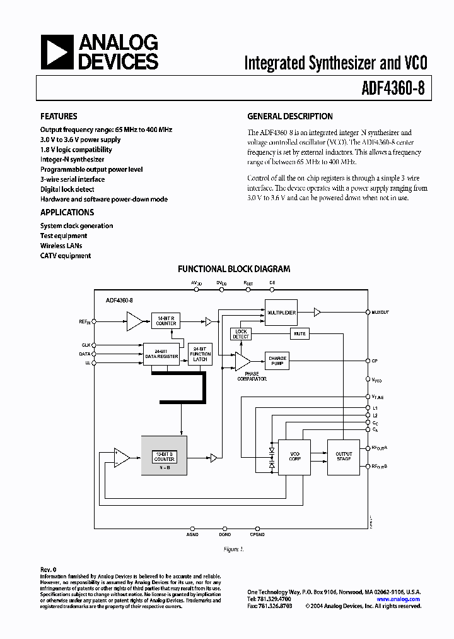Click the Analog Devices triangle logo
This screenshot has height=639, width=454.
[57, 52]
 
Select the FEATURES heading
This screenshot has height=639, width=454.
[59, 116]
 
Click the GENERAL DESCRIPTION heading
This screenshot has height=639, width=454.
[289, 116]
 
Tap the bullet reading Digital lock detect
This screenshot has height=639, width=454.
[67, 189]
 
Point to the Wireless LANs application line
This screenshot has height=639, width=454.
[61, 246]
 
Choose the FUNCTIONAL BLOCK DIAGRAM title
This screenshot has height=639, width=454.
[234, 268]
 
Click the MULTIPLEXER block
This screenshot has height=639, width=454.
[281, 313]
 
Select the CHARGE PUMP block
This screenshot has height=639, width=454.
[277, 361]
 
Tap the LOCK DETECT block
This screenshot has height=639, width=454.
[241, 334]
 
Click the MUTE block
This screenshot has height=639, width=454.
[300, 333]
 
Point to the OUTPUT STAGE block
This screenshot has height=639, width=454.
[344, 456]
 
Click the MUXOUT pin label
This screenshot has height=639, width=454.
[380, 313]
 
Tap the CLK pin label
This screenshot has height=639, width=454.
[86, 345]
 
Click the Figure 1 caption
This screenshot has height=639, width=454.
[233, 549]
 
